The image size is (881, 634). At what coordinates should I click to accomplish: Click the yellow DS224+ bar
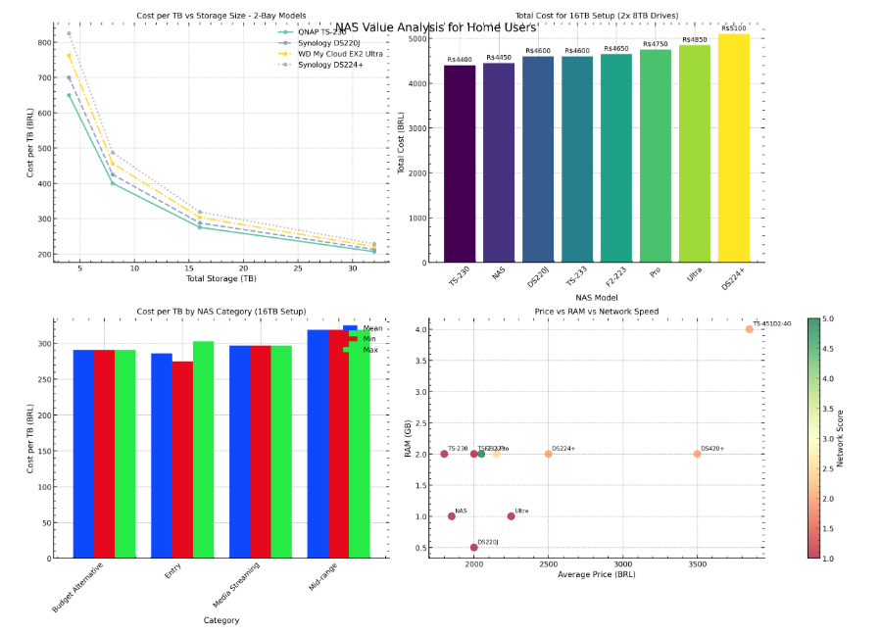click(733, 148)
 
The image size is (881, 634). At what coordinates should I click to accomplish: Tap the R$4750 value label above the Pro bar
click(656, 44)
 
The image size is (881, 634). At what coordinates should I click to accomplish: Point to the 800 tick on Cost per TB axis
click(43, 43)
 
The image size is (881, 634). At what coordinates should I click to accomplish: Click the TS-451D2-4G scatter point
click(749, 329)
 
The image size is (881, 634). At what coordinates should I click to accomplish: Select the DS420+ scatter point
click(697, 454)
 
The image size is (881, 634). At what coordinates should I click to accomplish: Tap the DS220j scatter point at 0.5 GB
click(474, 548)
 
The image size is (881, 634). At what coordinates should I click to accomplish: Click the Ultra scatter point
click(511, 516)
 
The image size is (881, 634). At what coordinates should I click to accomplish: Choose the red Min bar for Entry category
click(182, 460)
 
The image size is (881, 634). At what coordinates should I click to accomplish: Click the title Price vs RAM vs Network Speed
click(596, 312)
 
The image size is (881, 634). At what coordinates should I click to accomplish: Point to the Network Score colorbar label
click(841, 437)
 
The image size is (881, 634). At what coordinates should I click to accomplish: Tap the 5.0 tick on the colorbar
click(829, 318)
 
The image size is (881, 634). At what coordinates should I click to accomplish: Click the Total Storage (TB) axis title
click(221, 278)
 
